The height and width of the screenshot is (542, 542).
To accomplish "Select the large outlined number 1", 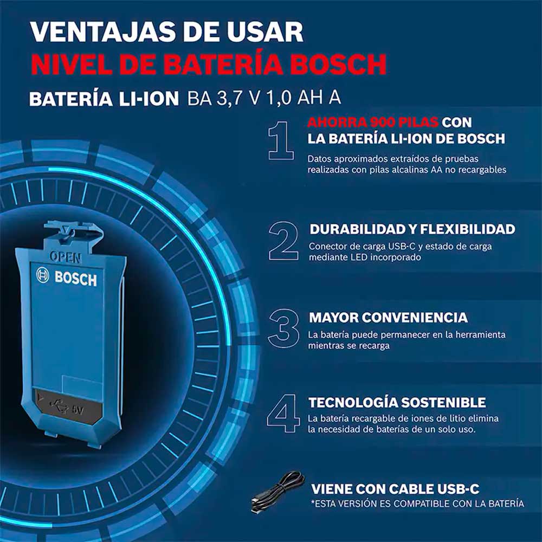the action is pyautogui.click(x=281, y=141).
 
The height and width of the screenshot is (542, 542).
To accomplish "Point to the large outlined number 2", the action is pyautogui.click(x=283, y=241).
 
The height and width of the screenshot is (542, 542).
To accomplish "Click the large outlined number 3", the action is pyautogui.click(x=283, y=328).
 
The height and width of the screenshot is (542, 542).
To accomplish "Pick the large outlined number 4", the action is pyautogui.click(x=283, y=414).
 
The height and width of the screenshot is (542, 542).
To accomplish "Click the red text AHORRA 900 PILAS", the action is pyautogui.click(x=373, y=122).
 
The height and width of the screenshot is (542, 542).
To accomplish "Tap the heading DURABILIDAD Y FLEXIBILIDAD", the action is pyautogui.click(x=412, y=229).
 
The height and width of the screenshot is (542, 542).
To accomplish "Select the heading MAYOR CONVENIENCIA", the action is pyautogui.click(x=388, y=317).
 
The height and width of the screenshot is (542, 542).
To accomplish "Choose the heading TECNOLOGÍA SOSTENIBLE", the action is pyautogui.click(x=397, y=402).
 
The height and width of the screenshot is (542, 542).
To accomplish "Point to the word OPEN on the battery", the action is pyautogui.click(x=66, y=257).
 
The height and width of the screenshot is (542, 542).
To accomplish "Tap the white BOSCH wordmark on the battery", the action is pyautogui.click(x=76, y=279).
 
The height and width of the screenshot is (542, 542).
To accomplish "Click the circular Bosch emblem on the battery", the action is pyautogui.click(x=42, y=275).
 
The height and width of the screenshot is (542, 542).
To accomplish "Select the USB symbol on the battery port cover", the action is pyautogui.click(x=59, y=406).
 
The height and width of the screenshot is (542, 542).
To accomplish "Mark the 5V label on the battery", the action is pyautogui.click(x=78, y=410).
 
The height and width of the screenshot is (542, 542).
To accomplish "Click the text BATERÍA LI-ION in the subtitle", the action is pyautogui.click(x=104, y=99).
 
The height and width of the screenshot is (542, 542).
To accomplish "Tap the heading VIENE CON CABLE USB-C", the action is pyautogui.click(x=395, y=489).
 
